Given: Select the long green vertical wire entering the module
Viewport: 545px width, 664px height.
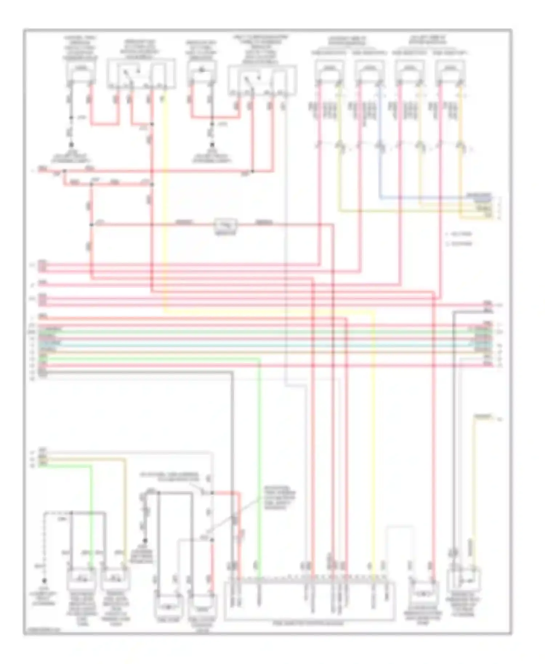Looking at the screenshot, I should [x=259, y=454].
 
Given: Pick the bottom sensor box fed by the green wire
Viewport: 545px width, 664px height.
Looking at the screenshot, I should [x=81, y=579].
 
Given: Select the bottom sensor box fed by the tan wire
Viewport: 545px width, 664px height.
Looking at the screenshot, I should [x=116, y=579].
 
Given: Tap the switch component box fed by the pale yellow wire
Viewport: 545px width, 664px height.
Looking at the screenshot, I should [x=464, y=581].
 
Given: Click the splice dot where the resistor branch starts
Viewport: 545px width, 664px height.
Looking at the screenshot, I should [x=92, y=225].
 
